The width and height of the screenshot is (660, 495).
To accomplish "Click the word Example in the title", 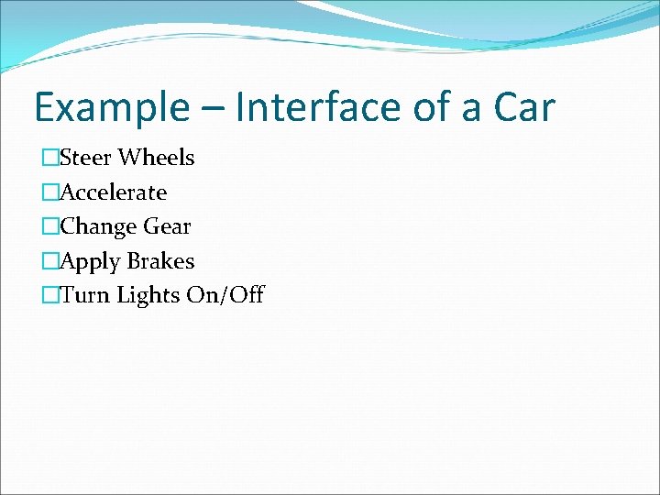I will (x=108, y=108).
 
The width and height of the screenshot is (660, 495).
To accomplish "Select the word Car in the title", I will (x=523, y=106).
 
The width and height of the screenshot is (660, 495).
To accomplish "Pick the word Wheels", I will (x=157, y=158).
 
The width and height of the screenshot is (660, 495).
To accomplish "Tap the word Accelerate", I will (x=113, y=192).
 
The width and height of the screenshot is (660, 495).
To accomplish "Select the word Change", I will (x=99, y=226).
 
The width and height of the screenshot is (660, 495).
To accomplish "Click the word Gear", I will (x=168, y=226).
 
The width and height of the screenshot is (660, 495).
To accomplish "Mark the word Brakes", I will (x=160, y=261).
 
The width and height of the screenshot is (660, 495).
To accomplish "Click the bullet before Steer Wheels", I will (x=49, y=159).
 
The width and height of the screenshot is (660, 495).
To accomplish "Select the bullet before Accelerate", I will (x=49, y=192).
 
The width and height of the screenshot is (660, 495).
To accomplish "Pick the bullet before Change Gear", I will (x=49, y=226).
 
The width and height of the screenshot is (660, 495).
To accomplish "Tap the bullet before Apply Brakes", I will (x=49, y=261).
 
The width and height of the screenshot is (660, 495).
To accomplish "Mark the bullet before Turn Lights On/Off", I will (x=49, y=295).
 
